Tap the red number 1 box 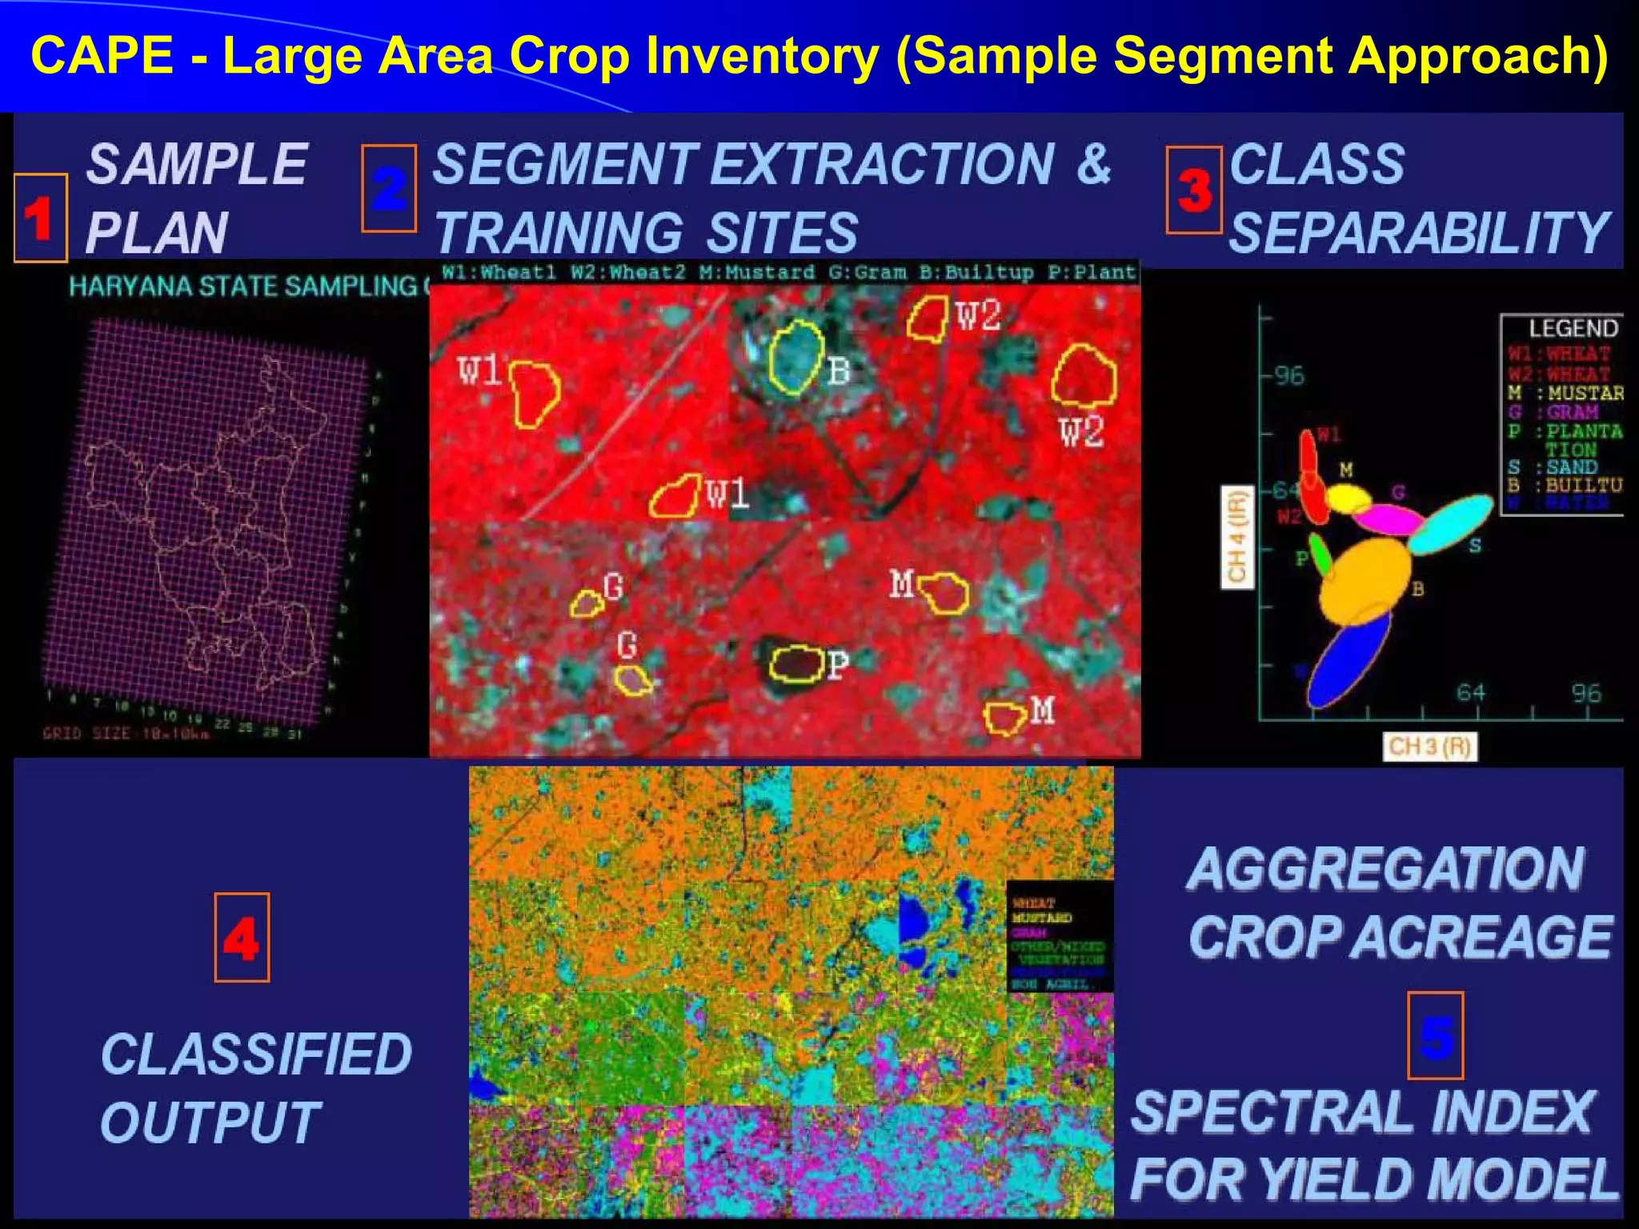tap(40, 218)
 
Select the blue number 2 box tap(389, 189)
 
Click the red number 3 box tap(1193, 190)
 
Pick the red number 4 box tap(242, 937)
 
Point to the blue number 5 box tap(1436, 1035)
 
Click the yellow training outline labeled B tap(796, 358)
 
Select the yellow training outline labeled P tap(796, 663)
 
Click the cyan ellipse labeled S tap(1450, 524)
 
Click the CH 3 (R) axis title tap(1429, 747)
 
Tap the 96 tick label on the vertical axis tap(1289, 375)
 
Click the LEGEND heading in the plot tap(1573, 328)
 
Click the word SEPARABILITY tap(1418, 233)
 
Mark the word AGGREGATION tap(1385, 869)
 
